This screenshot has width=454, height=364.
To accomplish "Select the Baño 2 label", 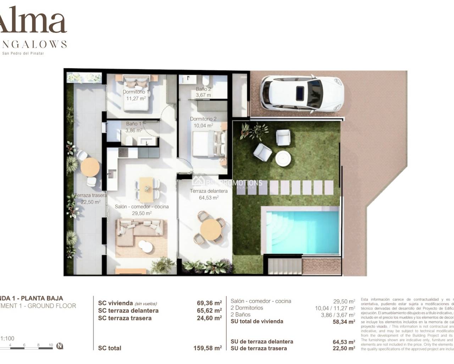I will (203, 89).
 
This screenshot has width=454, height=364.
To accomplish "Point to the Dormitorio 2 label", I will (203, 119).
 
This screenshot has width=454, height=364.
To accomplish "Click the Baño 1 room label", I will (134, 124).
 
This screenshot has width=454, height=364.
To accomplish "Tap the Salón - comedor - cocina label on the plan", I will (142, 207).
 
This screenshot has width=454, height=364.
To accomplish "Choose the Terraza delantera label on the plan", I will (209, 191).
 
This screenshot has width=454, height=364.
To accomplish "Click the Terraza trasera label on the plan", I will (90, 196).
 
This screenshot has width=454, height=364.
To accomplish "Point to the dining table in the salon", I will (146, 189).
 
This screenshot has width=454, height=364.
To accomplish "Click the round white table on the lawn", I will (283, 159).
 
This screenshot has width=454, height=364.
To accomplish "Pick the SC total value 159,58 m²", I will (207, 348).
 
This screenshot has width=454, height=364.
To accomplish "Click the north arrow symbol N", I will (60, 346).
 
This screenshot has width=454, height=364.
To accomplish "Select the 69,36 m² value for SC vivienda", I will (209, 303).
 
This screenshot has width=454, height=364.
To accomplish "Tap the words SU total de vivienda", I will (257, 321).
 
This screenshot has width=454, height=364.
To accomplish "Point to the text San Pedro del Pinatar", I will (23, 54).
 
